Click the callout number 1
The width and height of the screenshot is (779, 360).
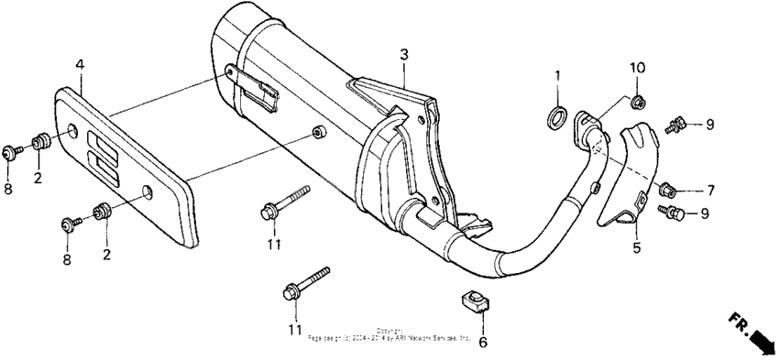pyautogui.click(x=555, y=73)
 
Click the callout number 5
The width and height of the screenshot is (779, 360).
pyautogui.click(x=636, y=247)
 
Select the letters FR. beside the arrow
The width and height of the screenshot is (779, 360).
pyautogui.click(x=738, y=322)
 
